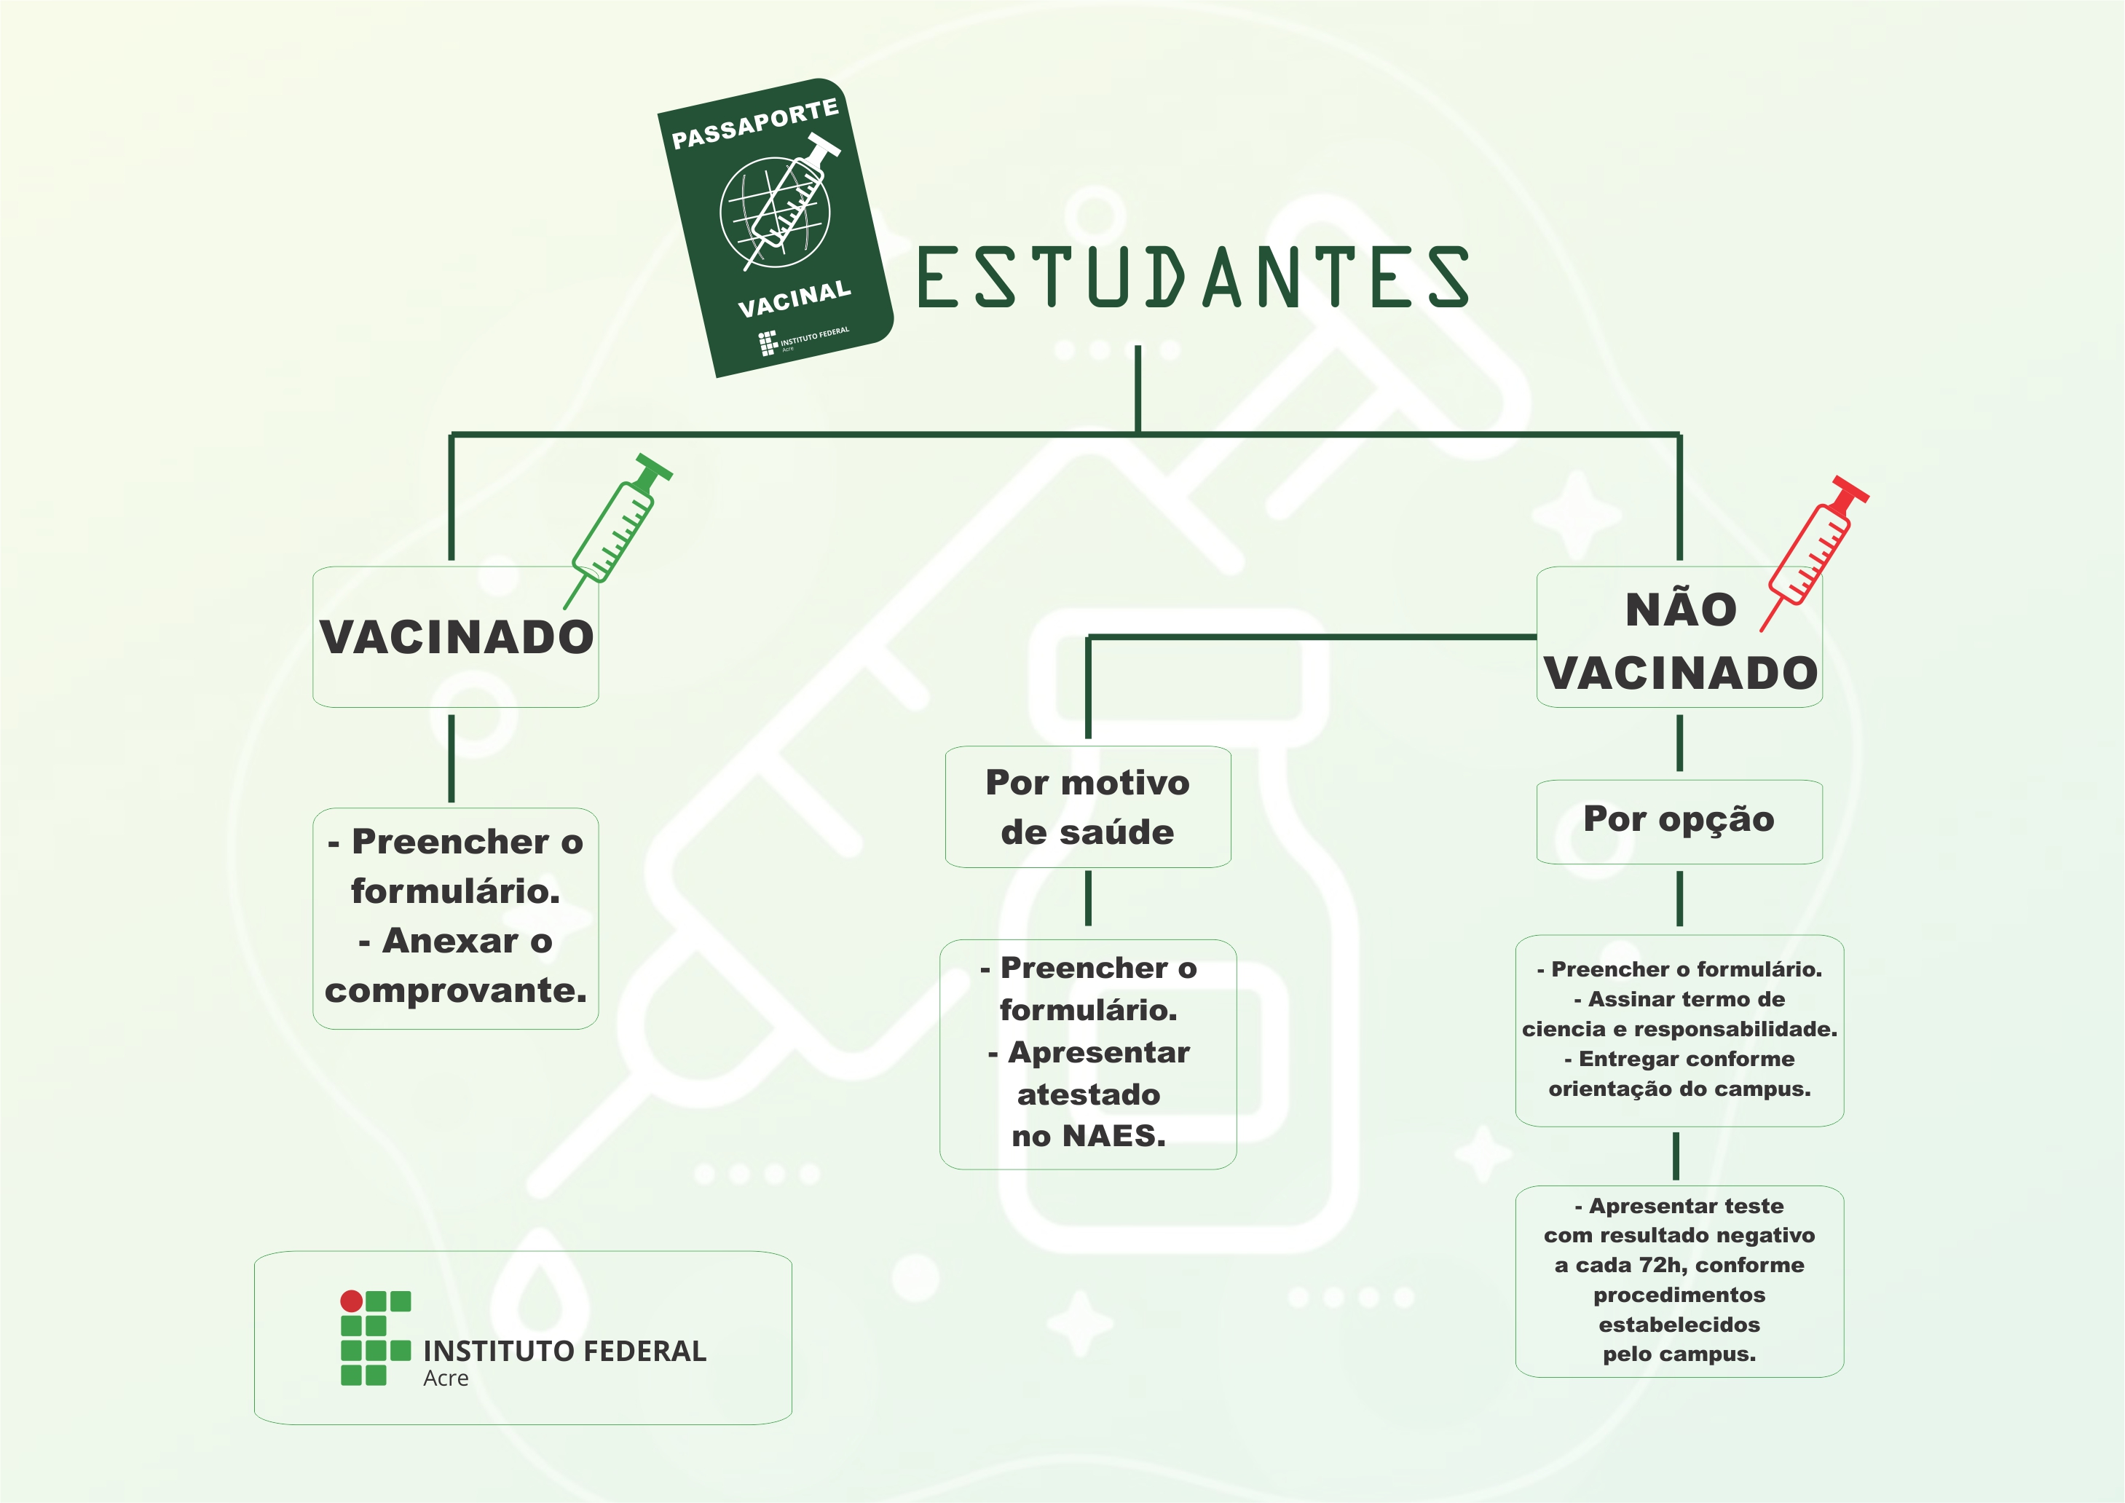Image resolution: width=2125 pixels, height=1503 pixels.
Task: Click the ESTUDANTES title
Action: [1191, 277]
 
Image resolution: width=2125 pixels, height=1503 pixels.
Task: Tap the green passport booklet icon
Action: [776, 226]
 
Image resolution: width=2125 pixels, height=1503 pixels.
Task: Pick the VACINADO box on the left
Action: [455, 636]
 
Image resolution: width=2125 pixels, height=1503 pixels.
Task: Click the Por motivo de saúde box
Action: [1087, 807]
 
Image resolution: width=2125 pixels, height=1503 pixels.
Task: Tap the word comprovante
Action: [455, 990]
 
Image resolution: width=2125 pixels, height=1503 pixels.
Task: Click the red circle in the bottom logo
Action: [352, 1301]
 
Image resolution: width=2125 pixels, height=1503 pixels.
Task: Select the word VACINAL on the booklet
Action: [794, 299]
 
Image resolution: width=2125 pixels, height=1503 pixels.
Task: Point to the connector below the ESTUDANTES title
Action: [1138, 389]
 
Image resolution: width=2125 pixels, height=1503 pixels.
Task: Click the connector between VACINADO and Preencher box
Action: [452, 758]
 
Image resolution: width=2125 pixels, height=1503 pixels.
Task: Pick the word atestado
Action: [1089, 1095]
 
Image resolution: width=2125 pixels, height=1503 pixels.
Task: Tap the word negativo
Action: [1766, 1236]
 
